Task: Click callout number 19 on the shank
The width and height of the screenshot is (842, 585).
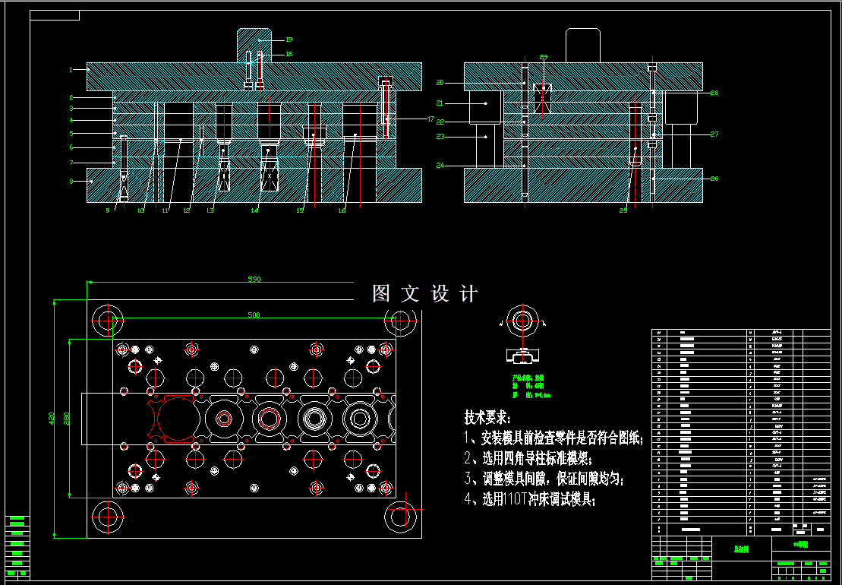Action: pyautogui.click(x=289, y=40)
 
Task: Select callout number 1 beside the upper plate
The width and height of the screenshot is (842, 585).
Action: pyautogui.click(x=71, y=70)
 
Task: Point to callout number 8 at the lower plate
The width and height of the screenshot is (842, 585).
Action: pyautogui.click(x=71, y=181)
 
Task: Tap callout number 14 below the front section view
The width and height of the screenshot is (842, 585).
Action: pyautogui.click(x=255, y=210)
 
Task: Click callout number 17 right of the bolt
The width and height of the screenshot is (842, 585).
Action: pyautogui.click(x=430, y=119)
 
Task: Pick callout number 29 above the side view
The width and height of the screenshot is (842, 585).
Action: pyautogui.click(x=543, y=57)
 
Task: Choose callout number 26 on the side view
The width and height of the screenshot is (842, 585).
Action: pyautogui.click(x=714, y=179)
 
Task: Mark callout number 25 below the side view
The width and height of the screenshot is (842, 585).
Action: pyautogui.click(x=623, y=210)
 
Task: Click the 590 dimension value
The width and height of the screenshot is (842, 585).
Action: pyautogui.click(x=254, y=280)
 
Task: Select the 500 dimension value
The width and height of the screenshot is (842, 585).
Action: pyautogui.click(x=254, y=315)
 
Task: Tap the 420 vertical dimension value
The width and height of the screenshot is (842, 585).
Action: pyautogui.click(x=52, y=418)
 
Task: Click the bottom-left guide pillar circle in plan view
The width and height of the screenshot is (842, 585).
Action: pyautogui.click(x=107, y=516)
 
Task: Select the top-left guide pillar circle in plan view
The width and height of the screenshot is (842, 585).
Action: pyautogui.click(x=107, y=321)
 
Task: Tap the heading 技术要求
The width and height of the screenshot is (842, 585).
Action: pyautogui.click(x=487, y=417)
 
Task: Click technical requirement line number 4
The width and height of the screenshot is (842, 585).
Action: pyautogui.click(x=530, y=499)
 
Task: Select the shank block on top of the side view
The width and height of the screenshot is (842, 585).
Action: pyautogui.click(x=583, y=45)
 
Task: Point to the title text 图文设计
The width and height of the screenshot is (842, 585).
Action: pyautogui.click(x=425, y=294)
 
